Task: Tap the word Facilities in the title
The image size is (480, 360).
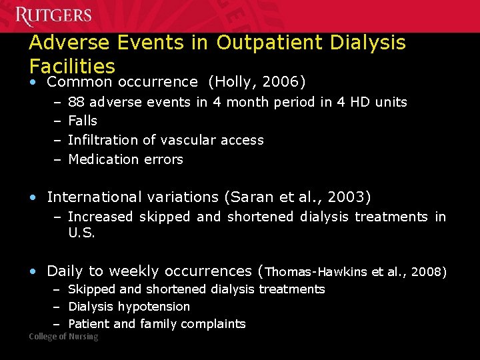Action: pos(72,66)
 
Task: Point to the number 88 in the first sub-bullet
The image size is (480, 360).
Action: pos(76,102)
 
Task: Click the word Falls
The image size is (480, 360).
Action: pos(83,121)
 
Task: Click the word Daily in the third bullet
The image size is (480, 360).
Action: pos(65,271)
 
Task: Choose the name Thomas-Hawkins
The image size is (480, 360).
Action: pos(315,272)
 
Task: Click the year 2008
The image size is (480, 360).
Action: pos(427,272)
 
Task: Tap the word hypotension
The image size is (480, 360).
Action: pos(157,307)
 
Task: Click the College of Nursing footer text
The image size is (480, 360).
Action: pos(63,337)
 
